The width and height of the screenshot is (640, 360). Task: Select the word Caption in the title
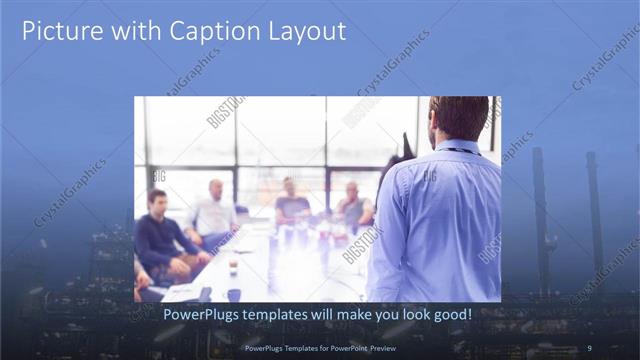tap(201, 31)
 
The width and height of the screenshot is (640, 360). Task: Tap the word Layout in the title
tap(304, 31)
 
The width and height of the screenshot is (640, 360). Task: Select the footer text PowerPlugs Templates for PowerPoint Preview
tap(319, 348)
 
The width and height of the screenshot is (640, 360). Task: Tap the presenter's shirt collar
tap(458, 145)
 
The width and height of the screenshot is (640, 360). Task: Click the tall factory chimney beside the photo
tap(540, 215)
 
